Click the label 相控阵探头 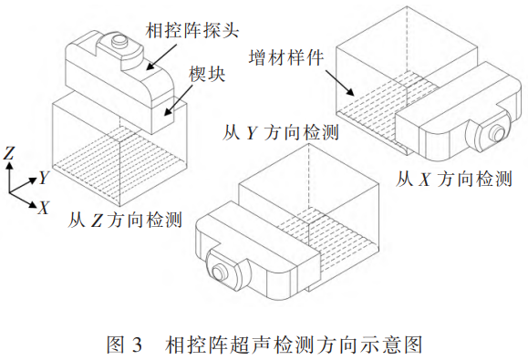pos(192,30)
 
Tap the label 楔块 pos(207,74)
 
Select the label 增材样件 pos(286,57)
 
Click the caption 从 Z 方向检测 pos(125,220)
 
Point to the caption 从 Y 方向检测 pos(281,132)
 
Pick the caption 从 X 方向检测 pos(453,179)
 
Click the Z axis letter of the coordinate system pos(9,153)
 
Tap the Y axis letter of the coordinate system pos(44,178)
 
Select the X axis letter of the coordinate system pos(44,207)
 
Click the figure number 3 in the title pos(137,345)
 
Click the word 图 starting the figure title pos(116,345)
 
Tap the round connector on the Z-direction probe pos(119,41)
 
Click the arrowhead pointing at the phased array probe pos(150,67)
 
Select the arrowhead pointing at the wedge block pos(168,112)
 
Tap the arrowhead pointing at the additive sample pos(350,92)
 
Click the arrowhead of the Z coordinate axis pos(9,166)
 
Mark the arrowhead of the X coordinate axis pos(33,204)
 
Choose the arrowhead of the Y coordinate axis pos(33,180)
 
